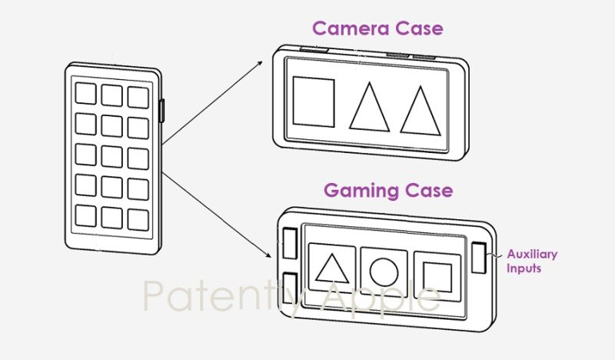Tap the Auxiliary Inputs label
531,261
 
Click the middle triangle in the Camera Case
369,108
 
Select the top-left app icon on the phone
85,94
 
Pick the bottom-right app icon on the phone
138,218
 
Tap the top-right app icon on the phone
138,95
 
